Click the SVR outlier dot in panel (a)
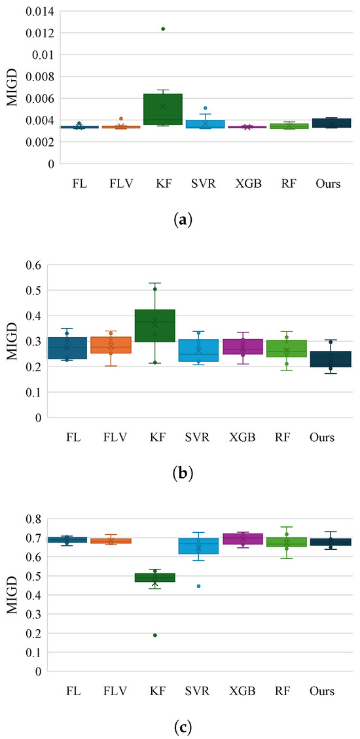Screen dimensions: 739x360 (x=205, y=108)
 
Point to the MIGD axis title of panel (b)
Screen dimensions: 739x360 (x=12, y=341)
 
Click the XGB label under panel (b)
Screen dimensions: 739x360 (x=245, y=437)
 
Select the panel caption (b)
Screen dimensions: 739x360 (x=181, y=473)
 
